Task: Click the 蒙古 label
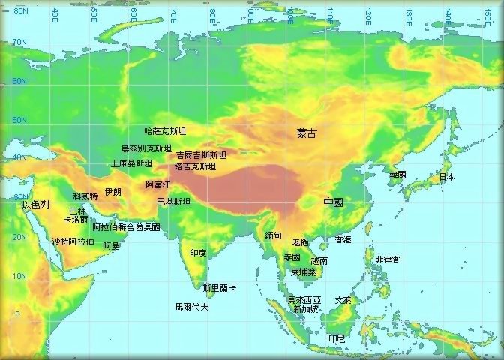click(307, 133)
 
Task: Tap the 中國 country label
click(334, 202)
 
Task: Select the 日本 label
click(446, 178)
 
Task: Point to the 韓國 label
click(397, 175)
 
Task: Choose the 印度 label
click(198, 253)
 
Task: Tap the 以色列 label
click(35, 205)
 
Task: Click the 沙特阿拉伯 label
click(73, 241)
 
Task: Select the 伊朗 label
click(112, 192)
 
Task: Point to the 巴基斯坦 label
click(173, 202)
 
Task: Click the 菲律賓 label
click(388, 259)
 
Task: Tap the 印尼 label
click(337, 339)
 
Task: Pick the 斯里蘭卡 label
click(220, 288)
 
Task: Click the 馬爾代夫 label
click(192, 306)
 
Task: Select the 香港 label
click(343, 240)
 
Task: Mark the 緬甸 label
click(273, 235)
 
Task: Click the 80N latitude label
click(20, 11)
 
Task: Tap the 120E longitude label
click(368, 13)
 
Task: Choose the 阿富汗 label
click(158, 184)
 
